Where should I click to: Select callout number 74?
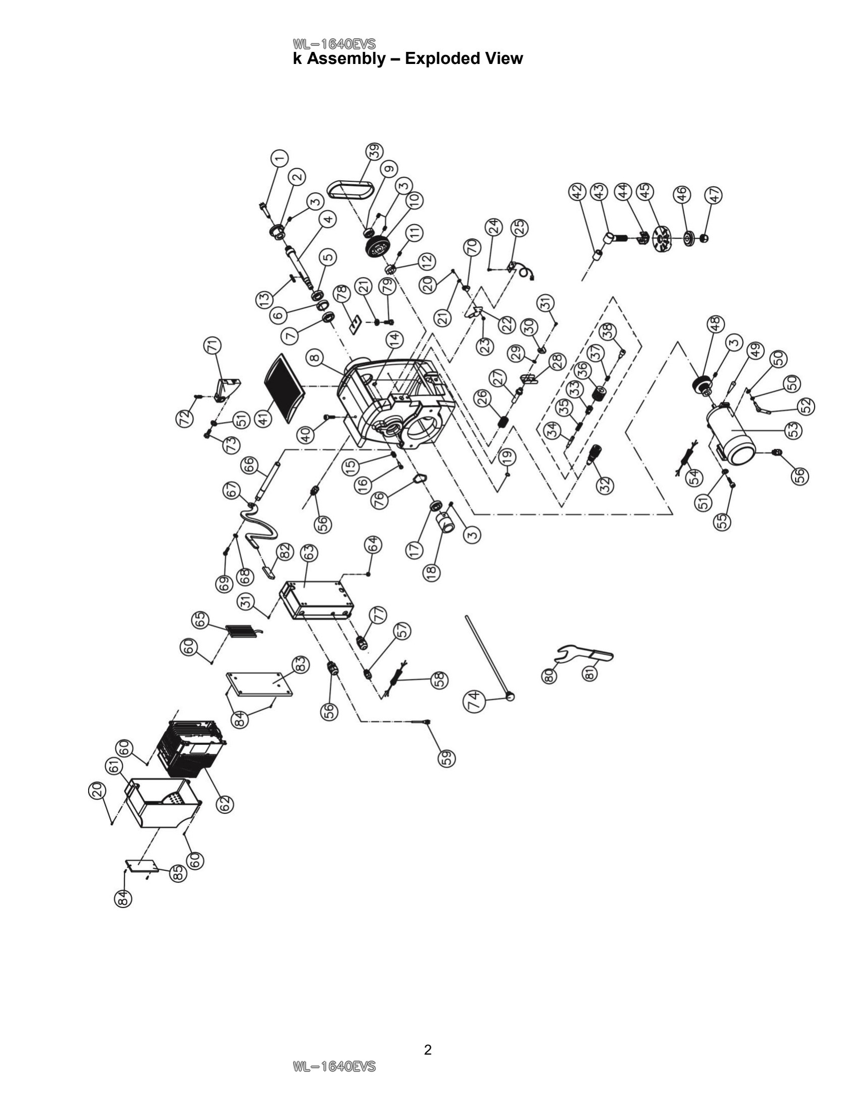tap(474, 702)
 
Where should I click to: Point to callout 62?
tap(226, 804)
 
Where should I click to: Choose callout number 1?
tap(278, 159)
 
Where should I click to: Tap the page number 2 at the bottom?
tap(427, 1050)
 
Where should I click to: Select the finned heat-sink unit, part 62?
tap(192, 748)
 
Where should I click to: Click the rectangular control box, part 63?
tap(315, 601)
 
